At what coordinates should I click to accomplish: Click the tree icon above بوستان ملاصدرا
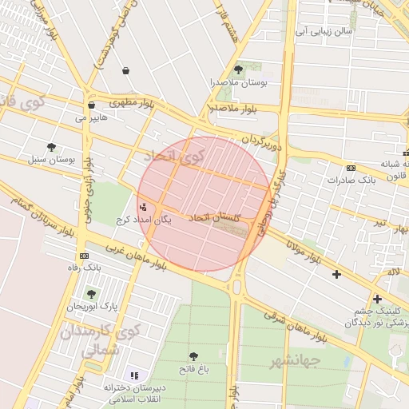click(x=238, y=70)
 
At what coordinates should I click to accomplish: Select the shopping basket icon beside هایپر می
click(x=92, y=105)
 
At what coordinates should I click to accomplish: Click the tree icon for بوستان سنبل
click(x=52, y=147)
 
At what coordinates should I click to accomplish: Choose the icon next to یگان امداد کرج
click(x=143, y=207)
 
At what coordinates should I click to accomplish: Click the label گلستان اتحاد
click(x=211, y=218)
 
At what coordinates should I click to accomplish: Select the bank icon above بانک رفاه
click(x=83, y=255)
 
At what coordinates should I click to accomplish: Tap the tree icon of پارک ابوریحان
click(x=91, y=293)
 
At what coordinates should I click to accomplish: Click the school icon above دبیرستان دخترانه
click(x=133, y=375)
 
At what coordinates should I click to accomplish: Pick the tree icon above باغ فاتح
click(x=194, y=356)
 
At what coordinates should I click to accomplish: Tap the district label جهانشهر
click(x=296, y=361)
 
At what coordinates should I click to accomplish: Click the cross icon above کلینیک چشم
click(x=377, y=299)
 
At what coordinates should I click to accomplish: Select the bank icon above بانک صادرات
click(x=351, y=168)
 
